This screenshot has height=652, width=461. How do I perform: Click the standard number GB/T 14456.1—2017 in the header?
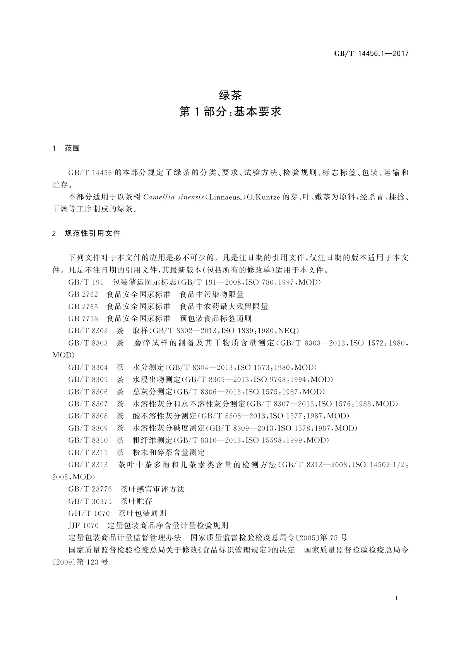coord(371,54)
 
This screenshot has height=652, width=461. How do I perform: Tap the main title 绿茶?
coord(230,95)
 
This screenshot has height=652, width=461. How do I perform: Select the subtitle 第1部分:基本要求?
coord(230,112)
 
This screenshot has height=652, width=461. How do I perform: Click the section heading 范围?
coord(72,148)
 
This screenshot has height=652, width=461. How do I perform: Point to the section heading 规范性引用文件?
coord(93,233)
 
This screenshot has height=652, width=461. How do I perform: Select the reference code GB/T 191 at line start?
coord(86,282)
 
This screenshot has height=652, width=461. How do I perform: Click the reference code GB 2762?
coord(83,295)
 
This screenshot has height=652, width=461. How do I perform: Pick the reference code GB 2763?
coord(83,307)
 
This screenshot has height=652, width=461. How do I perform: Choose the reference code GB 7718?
coord(83,319)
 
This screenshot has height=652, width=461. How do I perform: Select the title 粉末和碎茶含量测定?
coord(169,452)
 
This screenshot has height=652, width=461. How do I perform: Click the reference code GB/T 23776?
coord(90,489)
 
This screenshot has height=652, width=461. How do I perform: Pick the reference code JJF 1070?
coord(84,526)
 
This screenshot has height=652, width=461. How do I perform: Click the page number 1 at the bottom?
coord(396,598)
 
